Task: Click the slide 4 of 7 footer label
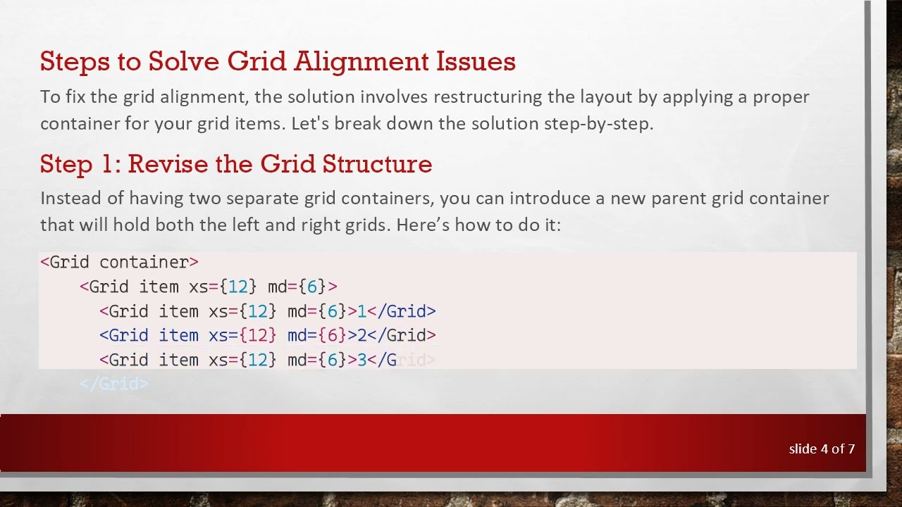coord(822,449)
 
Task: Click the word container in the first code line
coord(144,263)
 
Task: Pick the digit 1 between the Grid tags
coord(362,311)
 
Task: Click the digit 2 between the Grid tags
coord(362,335)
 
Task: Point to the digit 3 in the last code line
coord(362,360)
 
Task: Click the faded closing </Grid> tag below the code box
coord(113,384)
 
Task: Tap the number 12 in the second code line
coord(238,287)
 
